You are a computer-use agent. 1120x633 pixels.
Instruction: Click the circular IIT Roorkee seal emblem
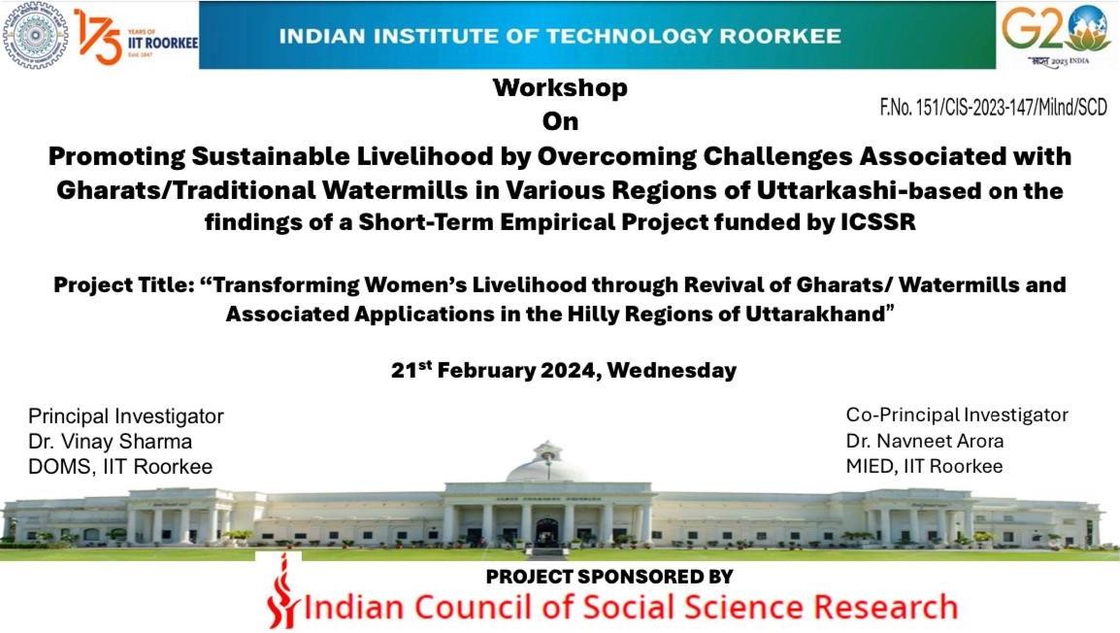(x=35, y=35)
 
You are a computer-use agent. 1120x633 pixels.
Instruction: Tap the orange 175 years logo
(x=99, y=37)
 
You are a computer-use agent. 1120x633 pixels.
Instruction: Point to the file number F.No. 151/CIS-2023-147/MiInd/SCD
(x=993, y=107)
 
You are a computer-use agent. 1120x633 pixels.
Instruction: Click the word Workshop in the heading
(x=560, y=88)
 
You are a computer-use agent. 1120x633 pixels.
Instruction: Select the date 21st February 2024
(x=496, y=369)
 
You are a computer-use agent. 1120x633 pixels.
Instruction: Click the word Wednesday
(x=672, y=370)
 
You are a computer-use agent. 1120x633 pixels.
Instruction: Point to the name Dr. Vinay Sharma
(x=110, y=442)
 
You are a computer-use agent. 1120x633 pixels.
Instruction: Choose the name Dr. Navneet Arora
(x=925, y=441)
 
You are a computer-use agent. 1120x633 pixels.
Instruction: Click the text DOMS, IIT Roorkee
(x=120, y=467)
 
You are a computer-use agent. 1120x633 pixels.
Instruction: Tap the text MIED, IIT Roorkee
(x=924, y=467)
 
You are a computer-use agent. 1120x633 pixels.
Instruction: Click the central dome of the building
(x=546, y=463)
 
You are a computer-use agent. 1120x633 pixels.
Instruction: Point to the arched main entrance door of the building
(x=546, y=533)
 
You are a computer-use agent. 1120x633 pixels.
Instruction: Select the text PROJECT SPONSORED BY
(x=609, y=577)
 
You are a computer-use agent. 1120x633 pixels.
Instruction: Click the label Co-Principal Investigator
(x=957, y=416)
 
